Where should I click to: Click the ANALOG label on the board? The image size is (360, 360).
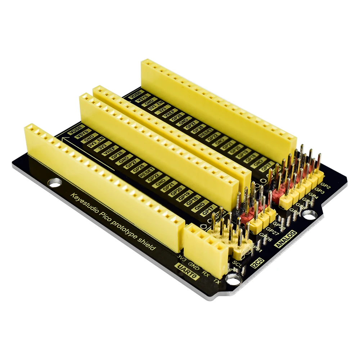click(x=287, y=238)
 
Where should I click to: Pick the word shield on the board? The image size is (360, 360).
click(x=148, y=246)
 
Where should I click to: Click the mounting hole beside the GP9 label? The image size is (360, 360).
click(x=309, y=215)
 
